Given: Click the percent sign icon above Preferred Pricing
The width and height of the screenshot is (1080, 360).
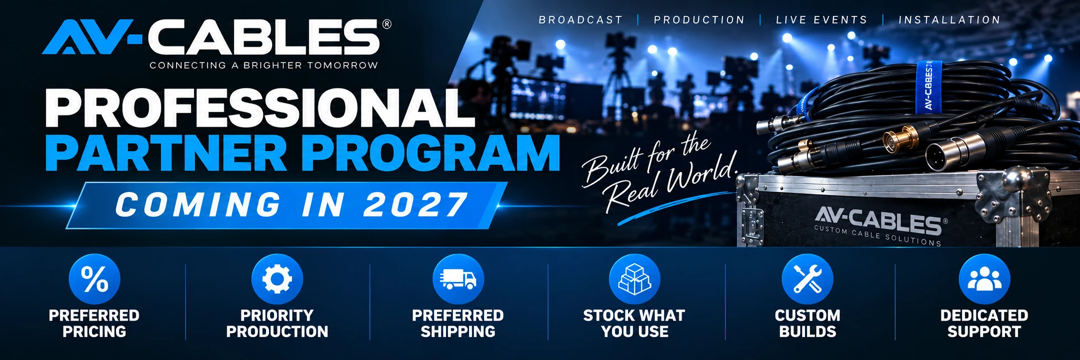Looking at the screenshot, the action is coord(94,279).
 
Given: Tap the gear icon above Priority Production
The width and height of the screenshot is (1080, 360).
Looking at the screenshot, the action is coord(277,279).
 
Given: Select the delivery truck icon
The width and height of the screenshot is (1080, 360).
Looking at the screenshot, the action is coord(458,279).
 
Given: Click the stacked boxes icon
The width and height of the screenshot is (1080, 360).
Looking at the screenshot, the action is coord(634,279).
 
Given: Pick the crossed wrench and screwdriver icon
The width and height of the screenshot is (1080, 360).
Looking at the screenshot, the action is coord(808,279).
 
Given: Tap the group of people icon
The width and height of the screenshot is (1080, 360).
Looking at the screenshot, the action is coord(985,279).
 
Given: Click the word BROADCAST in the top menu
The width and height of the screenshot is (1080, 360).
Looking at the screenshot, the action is coord(581,20).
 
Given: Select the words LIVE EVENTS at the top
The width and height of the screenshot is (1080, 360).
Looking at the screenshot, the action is coord(821,20).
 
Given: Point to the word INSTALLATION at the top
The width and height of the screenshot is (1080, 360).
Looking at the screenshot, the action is coord(949,20).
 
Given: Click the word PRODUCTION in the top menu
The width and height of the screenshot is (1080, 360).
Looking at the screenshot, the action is coord(699,20).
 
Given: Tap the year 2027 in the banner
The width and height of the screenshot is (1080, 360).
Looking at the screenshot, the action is coord(415,205).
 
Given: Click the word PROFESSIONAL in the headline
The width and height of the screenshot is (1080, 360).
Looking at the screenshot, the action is coord(260,108).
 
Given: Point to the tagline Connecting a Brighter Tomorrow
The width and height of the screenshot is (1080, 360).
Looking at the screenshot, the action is coord(264,65).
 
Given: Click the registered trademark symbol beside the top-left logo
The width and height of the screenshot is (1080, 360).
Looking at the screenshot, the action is coord(387,24).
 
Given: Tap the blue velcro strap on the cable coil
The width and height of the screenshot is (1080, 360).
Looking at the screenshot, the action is coord(928,87).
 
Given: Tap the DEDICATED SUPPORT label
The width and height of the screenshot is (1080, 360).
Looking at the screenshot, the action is coord(984,323).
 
